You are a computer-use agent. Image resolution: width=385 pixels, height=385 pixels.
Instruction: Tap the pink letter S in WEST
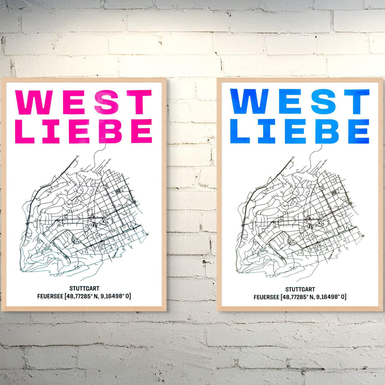pos(106,102)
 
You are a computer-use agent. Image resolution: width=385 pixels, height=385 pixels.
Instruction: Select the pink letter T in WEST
pos(139,102)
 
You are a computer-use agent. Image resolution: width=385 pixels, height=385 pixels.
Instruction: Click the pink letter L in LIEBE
pos(24,131)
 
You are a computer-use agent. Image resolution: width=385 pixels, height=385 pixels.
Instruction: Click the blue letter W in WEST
pos(249,102)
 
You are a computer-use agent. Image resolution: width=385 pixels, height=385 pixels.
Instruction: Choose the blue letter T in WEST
pos(356,102)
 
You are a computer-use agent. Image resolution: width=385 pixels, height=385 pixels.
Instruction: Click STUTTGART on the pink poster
pos(84,289)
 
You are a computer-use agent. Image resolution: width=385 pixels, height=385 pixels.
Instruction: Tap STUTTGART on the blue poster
pos(300,290)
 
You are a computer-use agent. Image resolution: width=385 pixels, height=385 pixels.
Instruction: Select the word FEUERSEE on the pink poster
pos(51,296)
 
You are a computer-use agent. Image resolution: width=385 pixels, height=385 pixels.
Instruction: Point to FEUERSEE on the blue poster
pos(266,297)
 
